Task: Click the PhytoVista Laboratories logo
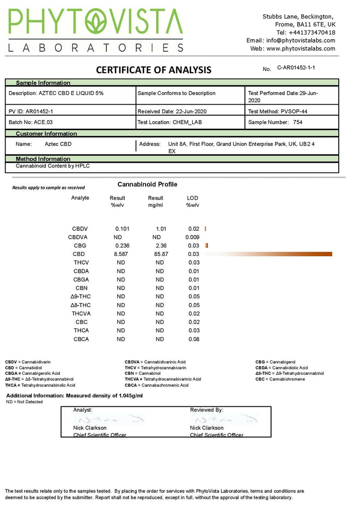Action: pos(95,31)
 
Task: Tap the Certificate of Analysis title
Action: pos(153,70)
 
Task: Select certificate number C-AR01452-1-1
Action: pos(296,68)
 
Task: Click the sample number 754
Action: pos(297,122)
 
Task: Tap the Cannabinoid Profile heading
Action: pos(147,184)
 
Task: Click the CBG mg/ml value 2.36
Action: pos(160,245)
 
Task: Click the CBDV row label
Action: pos(80,229)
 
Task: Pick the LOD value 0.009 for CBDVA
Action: pos(192,237)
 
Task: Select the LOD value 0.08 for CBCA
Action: pos(194,339)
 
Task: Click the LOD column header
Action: pos(193,198)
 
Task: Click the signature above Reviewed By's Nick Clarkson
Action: pos(224,420)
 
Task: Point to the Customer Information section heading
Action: pos(46,134)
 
